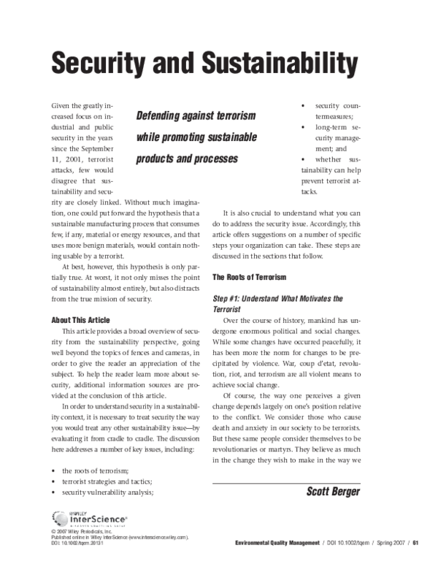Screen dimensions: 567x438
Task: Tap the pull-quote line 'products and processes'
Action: point(187,159)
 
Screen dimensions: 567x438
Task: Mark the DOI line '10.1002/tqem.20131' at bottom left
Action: point(73,544)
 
